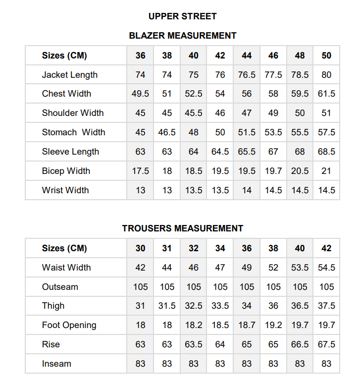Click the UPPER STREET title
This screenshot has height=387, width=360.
[182, 16]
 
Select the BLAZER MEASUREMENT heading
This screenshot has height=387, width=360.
[182, 36]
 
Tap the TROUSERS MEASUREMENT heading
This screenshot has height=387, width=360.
[182, 228]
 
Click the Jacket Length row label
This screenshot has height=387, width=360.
[69, 75]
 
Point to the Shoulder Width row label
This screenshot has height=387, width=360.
[72, 113]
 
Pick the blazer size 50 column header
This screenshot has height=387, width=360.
[326, 55]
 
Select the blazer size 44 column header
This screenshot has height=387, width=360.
[247, 55]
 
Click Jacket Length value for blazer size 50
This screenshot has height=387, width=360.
[326, 75]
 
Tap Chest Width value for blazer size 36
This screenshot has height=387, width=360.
[141, 94]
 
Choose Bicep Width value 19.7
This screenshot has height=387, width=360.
[273, 171]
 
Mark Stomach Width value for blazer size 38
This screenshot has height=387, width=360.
[167, 132]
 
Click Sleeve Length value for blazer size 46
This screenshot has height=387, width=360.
[273, 152]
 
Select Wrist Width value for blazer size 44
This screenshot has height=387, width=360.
[247, 190]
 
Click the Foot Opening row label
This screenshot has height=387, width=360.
[69, 326]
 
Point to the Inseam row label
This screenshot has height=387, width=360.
[56, 364]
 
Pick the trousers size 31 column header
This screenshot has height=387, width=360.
[167, 248]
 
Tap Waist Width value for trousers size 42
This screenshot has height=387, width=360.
[326, 268]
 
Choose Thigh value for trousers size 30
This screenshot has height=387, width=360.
[141, 306]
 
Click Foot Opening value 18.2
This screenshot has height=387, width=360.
[194, 326]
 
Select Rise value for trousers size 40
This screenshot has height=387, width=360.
[300, 344]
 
